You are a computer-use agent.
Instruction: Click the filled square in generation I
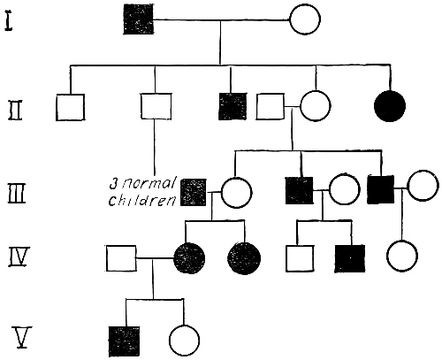[139, 19]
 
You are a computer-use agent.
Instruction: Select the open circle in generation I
[305, 19]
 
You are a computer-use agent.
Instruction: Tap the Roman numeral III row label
[17, 194]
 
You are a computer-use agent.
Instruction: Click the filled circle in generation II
[390, 106]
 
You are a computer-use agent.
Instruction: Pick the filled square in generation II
[232, 106]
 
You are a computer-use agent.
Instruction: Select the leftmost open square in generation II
[70, 107]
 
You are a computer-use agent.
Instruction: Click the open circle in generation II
[316, 106]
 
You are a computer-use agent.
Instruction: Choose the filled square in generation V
[124, 341]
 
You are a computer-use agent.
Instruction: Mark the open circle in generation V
[185, 341]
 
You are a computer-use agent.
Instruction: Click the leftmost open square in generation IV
[121, 258]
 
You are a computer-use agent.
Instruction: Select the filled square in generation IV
[350, 258]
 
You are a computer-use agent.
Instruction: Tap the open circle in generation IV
[402, 256]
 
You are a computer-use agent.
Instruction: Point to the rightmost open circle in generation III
[423, 186]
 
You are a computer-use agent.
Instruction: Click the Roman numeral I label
[9, 20]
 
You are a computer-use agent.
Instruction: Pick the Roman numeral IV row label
[18, 257]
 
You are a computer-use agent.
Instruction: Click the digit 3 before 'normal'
[114, 183]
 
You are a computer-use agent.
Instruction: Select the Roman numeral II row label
[15, 111]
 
